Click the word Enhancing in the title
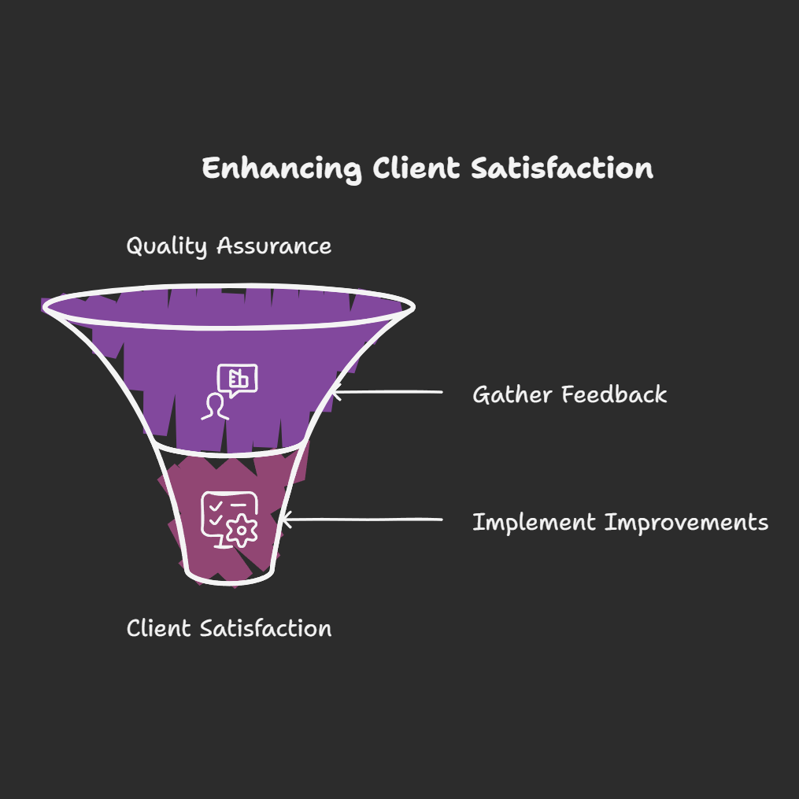point(282,169)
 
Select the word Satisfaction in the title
point(562,169)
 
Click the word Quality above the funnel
point(167,246)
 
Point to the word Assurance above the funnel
point(274,246)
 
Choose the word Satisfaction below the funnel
point(265,628)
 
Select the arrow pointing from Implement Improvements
point(362,520)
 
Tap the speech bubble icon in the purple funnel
point(238,379)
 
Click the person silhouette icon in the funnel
point(214,406)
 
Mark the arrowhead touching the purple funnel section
point(336,390)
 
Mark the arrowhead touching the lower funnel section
point(286,520)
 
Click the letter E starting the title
point(210,169)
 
